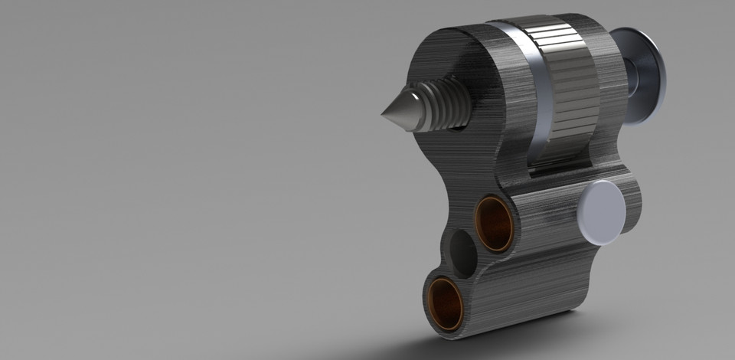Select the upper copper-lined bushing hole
494,224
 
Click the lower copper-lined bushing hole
445,303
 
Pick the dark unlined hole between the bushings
462,254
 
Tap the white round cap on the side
603,212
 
